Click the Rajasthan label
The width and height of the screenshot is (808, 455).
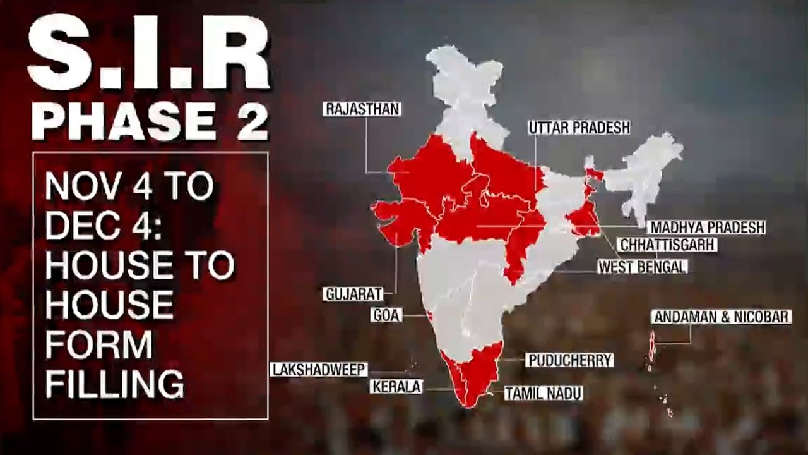tap(362, 109)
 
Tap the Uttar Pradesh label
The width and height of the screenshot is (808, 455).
tap(579, 128)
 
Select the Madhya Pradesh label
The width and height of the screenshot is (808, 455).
tap(706, 227)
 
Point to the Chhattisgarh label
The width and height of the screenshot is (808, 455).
tap(667, 245)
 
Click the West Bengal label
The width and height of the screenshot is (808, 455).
tap(641, 267)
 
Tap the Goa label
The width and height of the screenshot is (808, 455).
tap(386, 315)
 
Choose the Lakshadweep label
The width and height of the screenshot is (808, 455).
tap(319, 370)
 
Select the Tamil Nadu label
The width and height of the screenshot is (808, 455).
tap(544, 394)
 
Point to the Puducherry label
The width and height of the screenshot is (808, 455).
tap(569, 360)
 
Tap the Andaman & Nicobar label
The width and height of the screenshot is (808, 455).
tap(722, 317)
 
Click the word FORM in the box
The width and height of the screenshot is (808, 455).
tap(99, 345)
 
